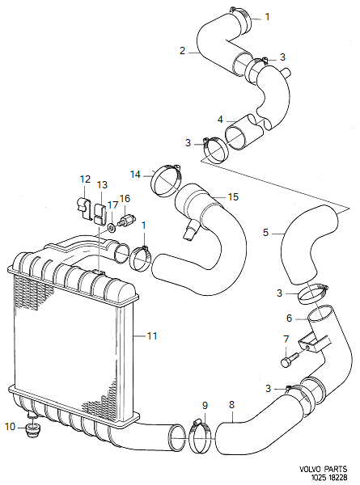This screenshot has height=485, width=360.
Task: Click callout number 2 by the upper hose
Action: click(x=183, y=50)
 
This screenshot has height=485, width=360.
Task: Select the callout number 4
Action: click(x=220, y=119)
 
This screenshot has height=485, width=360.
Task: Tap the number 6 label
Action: click(x=289, y=318)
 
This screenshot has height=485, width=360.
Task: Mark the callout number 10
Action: click(x=10, y=426)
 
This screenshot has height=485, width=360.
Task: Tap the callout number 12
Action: click(x=85, y=179)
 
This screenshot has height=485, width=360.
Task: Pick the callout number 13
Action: click(x=102, y=186)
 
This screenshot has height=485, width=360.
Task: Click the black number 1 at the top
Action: click(x=269, y=16)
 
